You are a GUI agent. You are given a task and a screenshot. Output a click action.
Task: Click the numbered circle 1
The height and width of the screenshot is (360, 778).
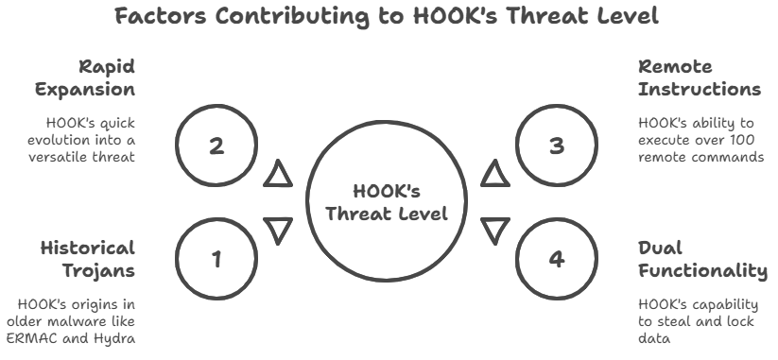point(216,257)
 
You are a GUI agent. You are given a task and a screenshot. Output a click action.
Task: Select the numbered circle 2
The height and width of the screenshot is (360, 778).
point(216,146)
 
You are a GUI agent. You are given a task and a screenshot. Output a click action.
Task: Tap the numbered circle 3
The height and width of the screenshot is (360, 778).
point(557,146)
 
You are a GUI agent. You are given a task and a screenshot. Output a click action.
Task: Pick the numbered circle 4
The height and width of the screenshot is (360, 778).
point(557,257)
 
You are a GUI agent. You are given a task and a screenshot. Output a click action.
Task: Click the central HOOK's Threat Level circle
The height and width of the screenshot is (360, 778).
point(387,201)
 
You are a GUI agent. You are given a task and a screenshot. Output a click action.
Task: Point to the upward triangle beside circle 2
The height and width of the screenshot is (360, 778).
point(278,174)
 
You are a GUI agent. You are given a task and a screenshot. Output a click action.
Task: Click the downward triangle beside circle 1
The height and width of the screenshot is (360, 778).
point(278,230)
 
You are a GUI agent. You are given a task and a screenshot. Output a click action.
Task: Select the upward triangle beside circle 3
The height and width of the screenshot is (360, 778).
point(495,174)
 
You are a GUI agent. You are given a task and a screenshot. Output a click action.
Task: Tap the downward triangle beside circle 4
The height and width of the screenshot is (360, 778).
point(495,230)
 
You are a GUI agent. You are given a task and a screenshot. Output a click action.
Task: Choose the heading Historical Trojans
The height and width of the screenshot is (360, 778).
point(88,260)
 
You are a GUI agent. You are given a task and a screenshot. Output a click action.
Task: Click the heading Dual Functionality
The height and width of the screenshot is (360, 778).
point(702,260)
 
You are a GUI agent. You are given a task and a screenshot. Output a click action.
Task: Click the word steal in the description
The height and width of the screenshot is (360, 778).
point(679,321)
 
